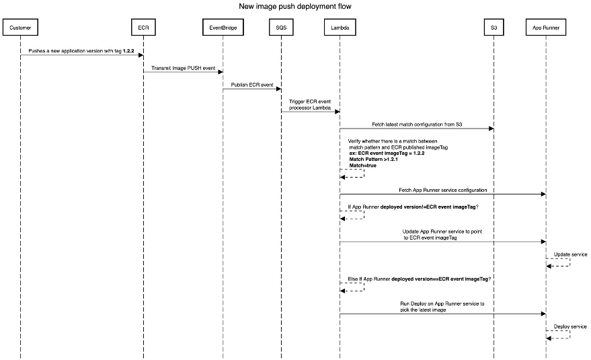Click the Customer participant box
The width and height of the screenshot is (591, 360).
coord(20,28)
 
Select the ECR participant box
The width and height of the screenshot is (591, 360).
coord(143,28)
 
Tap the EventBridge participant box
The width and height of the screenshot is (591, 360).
coord(223,28)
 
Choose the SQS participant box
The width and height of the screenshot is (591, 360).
coord(280,28)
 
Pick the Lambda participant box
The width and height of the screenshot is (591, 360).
coord(340,28)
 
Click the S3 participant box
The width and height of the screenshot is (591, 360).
coord(494,28)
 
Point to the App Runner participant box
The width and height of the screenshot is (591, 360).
coord(545,28)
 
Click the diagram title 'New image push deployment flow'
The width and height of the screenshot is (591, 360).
coord(295,7)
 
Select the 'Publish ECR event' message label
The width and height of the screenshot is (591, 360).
coord(252,85)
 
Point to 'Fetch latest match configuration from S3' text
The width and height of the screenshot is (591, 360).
coord(417,124)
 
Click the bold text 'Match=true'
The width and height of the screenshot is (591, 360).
coord(362,165)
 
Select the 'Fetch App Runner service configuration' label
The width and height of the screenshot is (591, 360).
coord(442,190)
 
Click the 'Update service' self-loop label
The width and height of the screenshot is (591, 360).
coord(570,254)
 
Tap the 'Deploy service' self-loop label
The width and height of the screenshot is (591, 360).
coord(570,326)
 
